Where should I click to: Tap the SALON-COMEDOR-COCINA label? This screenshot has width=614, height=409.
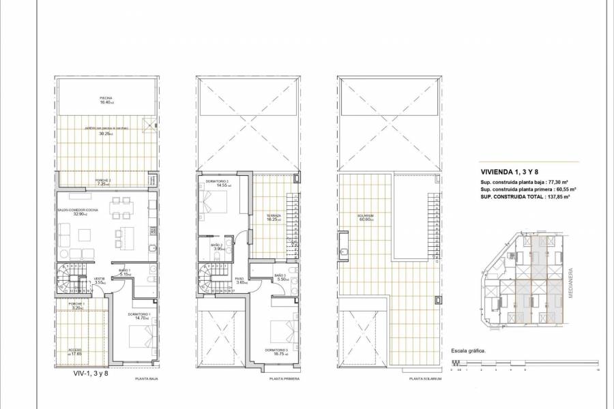[76, 211]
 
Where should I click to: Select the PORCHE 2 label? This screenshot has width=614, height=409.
[104, 182]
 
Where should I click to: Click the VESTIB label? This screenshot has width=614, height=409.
[98, 280]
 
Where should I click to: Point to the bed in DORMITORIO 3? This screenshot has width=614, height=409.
[280, 330]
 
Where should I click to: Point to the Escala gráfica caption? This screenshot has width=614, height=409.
[467, 352]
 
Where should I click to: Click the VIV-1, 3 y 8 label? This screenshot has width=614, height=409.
[91, 374]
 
